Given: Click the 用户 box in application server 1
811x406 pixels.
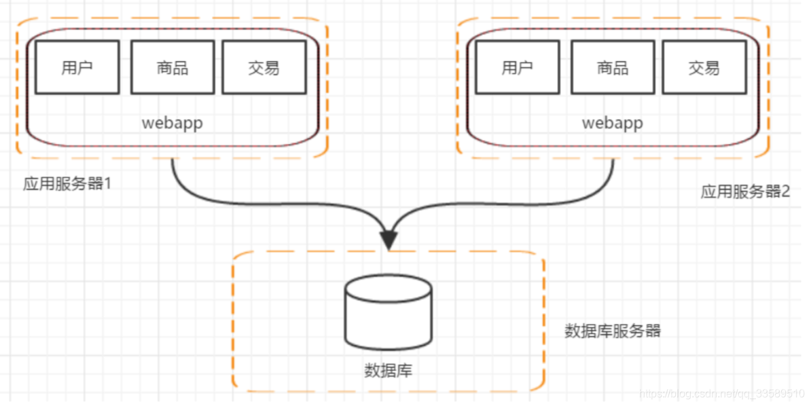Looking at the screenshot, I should [x=77, y=67].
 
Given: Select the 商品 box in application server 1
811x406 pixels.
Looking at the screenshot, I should [x=172, y=67].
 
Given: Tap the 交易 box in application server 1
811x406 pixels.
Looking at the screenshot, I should [x=264, y=67].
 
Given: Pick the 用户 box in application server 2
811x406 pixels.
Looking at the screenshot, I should [x=518, y=67].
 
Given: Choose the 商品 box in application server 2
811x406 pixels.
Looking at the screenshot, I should [x=613, y=67].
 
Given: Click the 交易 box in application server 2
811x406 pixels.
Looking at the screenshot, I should [x=704, y=67].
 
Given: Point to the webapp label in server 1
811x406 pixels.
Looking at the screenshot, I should [x=172, y=123].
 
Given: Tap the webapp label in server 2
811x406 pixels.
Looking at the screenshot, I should [x=612, y=123].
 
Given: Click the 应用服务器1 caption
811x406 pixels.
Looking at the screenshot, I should [x=67, y=184].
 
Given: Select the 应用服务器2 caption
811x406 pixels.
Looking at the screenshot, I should [x=745, y=191].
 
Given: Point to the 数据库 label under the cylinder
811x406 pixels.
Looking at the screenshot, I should [x=389, y=371].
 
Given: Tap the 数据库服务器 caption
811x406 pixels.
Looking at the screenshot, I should [x=613, y=331].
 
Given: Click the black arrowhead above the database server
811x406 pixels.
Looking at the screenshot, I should [x=389, y=240].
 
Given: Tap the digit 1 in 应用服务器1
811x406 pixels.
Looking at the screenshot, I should [x=106, y=184].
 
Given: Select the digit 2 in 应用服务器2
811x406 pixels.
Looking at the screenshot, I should [x=786, y=191].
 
